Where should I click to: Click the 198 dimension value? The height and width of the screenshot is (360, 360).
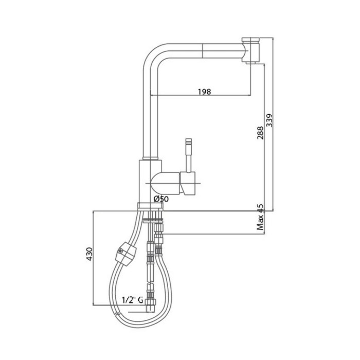pos(204,92)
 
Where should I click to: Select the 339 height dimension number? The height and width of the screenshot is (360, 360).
pos(269,120)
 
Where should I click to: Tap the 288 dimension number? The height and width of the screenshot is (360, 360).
pos(260,133)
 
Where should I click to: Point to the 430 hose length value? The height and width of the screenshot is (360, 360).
pos(89,254)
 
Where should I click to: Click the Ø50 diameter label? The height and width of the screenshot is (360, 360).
pos(161,199)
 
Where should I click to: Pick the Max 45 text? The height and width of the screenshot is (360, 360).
pos(260,217)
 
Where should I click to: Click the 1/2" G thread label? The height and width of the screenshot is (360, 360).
pos(133,300)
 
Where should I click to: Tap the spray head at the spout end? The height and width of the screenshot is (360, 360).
pos(251,49)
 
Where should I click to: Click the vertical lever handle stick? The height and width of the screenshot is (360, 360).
pos(189,155)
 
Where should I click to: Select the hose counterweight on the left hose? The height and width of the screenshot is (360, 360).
pos(126,254)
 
